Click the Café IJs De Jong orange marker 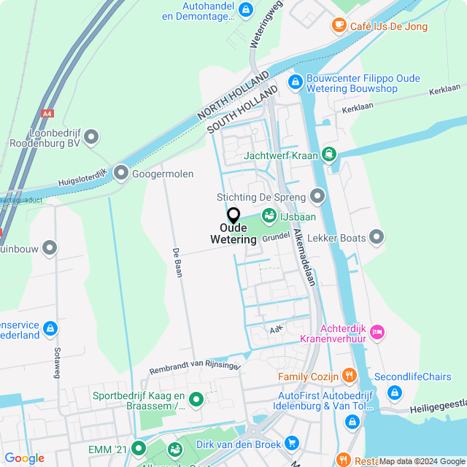pos(339,26)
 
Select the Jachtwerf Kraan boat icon pos(330,154)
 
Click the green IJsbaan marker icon pos(269,217)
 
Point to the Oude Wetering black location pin pos(233,216)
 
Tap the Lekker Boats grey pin pos(377,236)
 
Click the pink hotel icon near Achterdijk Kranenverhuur pos(377,332)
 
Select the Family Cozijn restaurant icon pos(350,377)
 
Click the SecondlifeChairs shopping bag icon pos(395,393)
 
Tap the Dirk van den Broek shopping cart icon pos(292,442)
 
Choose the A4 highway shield pos(47,114)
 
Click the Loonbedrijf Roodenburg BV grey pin pos(91,136)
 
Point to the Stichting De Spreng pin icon pos(317,196)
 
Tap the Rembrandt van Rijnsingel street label pos(194,366)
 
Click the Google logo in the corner pos(24,458)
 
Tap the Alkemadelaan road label pos(304,257)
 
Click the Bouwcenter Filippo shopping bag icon pos(296,82)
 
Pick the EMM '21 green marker pos(136,447)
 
